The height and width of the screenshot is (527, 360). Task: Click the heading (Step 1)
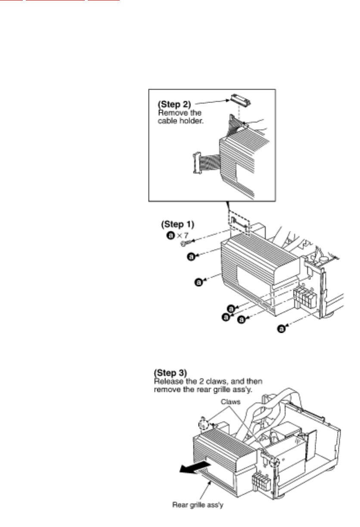(x=178, y=224)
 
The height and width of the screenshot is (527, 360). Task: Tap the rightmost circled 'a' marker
(x=282, y=329)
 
